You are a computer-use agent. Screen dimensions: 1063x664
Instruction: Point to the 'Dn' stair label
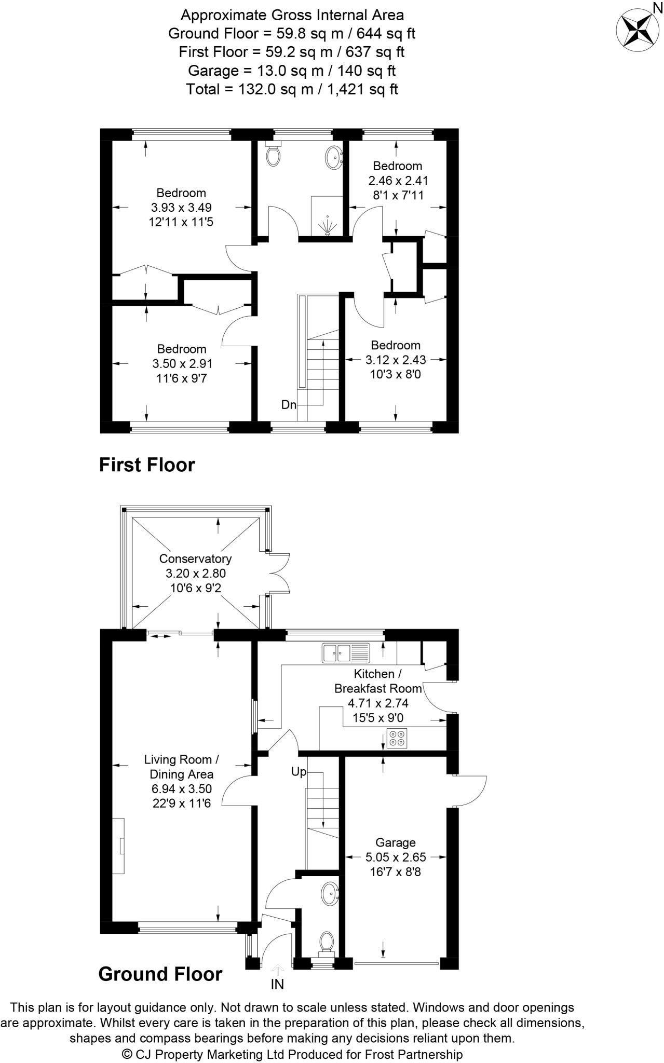(x=289, y=404)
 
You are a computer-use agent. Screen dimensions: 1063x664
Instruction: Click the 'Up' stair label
(x=299, y=772)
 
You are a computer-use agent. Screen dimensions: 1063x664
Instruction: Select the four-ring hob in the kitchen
(x=397, y=738)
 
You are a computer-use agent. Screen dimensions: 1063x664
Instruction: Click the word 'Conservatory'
(x=195, y=558)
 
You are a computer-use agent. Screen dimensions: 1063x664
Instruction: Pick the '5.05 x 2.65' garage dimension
(x=396, y=857)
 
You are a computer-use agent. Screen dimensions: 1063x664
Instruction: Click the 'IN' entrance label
(x=277, y=984)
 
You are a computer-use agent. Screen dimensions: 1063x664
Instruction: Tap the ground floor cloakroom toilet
(x=327, y=942)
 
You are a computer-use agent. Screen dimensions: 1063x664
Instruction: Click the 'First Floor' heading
(x=147, y=465)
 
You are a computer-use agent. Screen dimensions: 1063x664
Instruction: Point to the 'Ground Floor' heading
(x=160, y=974)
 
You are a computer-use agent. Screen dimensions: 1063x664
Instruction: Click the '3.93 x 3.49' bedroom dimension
(x=181, y=208)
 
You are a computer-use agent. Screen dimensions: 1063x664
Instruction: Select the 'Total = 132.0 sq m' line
(x=292, y=89)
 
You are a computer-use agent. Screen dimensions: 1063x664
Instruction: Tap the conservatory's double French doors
(x=279, y=572)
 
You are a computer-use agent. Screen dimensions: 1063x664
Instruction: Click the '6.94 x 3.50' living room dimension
(x=181, y=789)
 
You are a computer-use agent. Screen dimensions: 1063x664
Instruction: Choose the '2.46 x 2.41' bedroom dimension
(x=398, y=181)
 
